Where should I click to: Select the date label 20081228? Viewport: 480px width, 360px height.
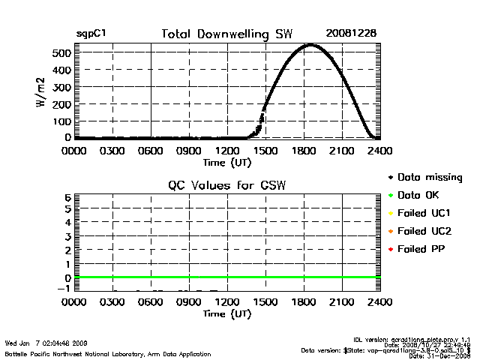[x=351, y=34]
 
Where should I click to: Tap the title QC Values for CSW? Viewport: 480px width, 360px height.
[x=227, y=184]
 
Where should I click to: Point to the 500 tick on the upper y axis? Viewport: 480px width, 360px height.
[x=61, y=52]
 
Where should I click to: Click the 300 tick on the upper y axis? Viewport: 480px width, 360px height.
[x=61, y=87]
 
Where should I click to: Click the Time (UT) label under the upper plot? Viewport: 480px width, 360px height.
[x=226, y=161]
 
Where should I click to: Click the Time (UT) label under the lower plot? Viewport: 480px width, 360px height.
[x=226, y=313]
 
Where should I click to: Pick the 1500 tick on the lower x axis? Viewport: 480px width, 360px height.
[x=265, y=302]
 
